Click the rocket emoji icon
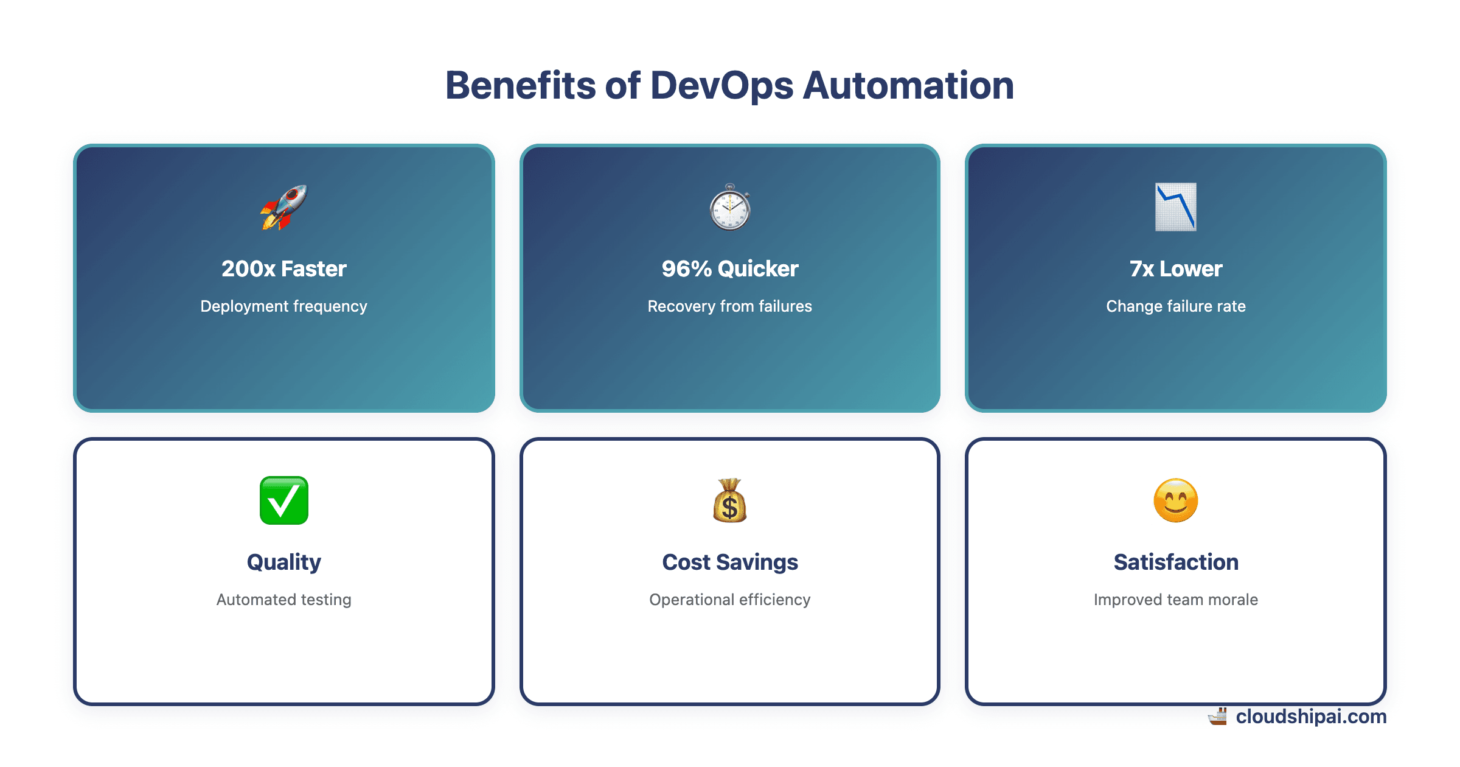tap(283, 207)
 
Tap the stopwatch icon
tap(730, 208)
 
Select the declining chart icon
tap(1175, 207)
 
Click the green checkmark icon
tap(283, 500)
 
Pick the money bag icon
tap(730, 500)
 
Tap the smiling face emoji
tap(1175, 500)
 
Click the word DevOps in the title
tap(721, 85)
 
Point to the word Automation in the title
tap(908, 85)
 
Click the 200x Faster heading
tap(283, 268)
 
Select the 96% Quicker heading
tap(730, 268)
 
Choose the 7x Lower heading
tap(1175, 268)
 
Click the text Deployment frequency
tap(283, 306)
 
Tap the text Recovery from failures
tap(730, 306)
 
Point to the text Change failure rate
tap(1175, 306)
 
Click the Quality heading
tap(283, 562)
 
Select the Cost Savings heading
tap(730, 562)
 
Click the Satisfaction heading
tap(1175, 562)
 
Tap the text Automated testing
tap(283, 600)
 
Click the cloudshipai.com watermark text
tap(1311, 716)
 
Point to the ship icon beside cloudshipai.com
tap(1218, 716)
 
